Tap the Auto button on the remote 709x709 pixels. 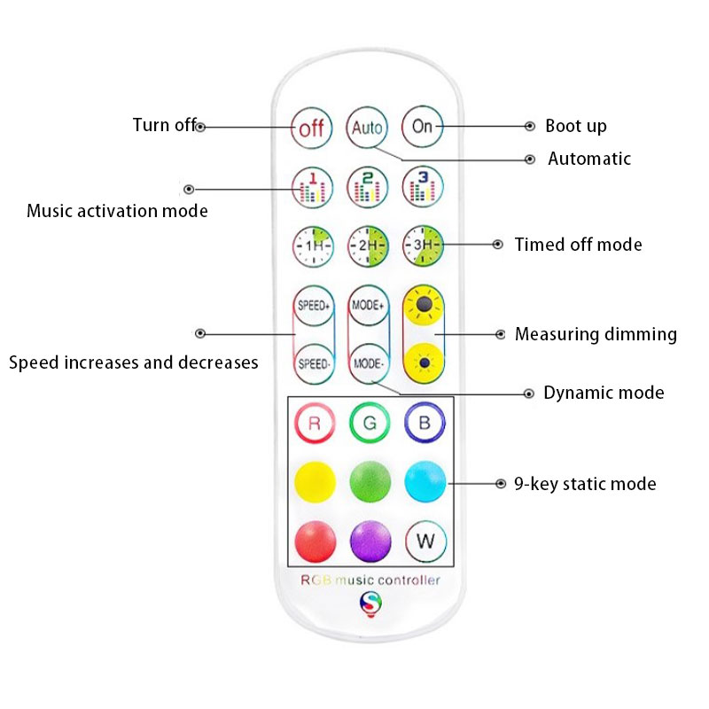point(367,127)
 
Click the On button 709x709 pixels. point(423,127)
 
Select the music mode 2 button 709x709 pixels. point(367,187)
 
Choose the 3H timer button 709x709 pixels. point(423,244)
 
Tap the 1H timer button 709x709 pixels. point(312,244)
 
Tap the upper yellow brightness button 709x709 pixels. point(424,306)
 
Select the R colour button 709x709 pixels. point(314,423)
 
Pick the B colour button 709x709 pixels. point(425,423)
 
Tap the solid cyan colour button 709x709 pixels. point(425,480)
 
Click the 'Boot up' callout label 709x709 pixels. point(576,127)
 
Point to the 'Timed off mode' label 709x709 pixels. point(578,245)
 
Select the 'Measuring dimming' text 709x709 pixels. point(596,335)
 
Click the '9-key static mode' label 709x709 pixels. point(585,484)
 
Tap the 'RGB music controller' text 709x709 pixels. point(370,581)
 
